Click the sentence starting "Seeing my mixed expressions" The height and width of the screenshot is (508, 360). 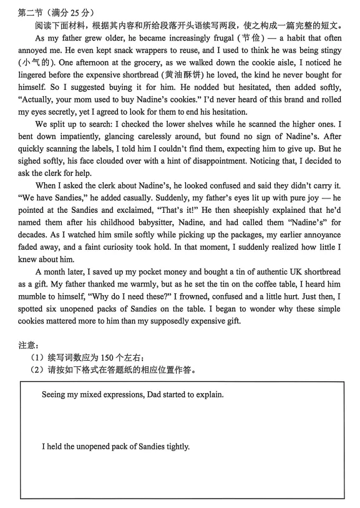(132, 394)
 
